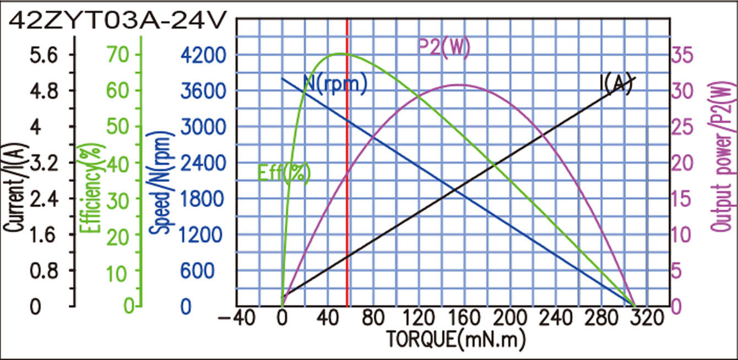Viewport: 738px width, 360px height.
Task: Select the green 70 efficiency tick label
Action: pyautogui.click(x=118, y=54)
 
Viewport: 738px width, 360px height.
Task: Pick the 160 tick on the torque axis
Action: pyautogui.click(x=464, y=318)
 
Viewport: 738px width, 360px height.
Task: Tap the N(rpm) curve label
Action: pyautogui.click(x=335, y=84)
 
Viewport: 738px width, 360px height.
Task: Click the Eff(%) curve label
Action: pyautogui.click(x=284, y=173)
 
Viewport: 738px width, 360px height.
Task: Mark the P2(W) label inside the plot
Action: pyautogui.click(x=444, y=48)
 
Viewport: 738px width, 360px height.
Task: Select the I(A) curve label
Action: pyautogui.click(x=615, y=84)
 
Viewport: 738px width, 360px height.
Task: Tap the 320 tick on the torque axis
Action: pyautogui.click(x=647, y=318)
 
